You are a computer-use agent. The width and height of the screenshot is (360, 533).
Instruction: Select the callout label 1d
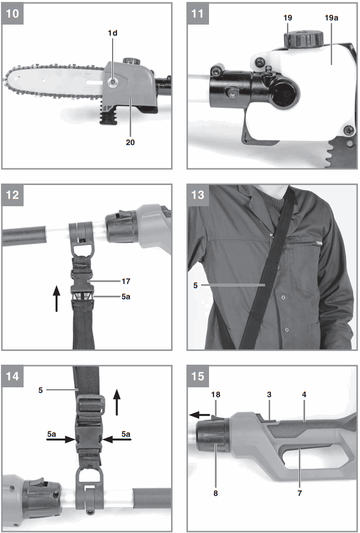coord(113,33)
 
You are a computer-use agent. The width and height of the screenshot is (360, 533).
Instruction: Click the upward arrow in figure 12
coord(57,300)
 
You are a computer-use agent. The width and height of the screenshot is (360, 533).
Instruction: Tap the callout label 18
coord(215,395)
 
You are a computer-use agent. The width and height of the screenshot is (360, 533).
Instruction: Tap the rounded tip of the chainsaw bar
coord(10,81)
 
